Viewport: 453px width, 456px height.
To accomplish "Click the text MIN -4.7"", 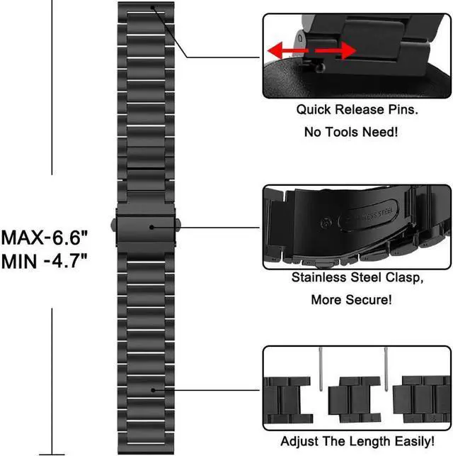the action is (x=44, y=260).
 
